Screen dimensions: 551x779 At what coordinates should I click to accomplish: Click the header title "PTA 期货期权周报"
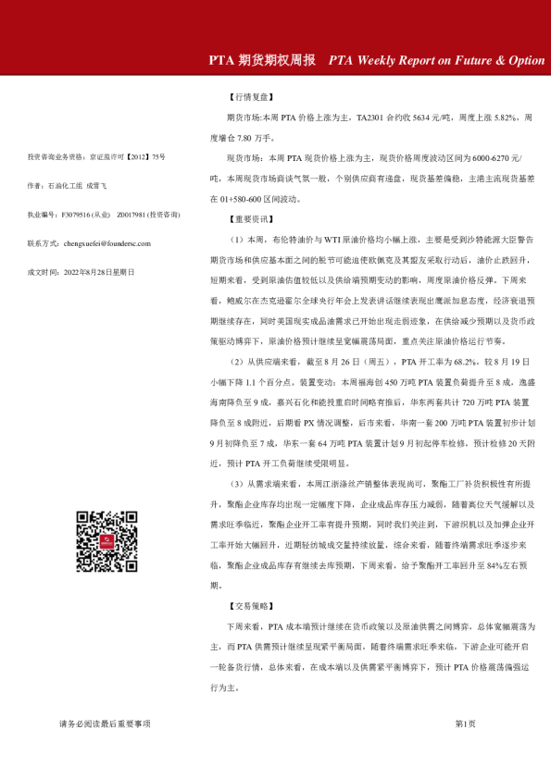[x=265, y=60]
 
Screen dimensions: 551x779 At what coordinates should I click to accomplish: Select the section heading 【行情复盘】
[x=251, y=96]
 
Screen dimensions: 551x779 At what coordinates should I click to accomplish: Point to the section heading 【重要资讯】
[x=251, y=219]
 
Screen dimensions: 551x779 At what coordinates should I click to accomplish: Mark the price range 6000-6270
[x=495, y=158]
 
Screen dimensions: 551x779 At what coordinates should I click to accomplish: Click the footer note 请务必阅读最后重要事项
[x=105, y=723]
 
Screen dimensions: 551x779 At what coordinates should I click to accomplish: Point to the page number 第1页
[x=465, y=723]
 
